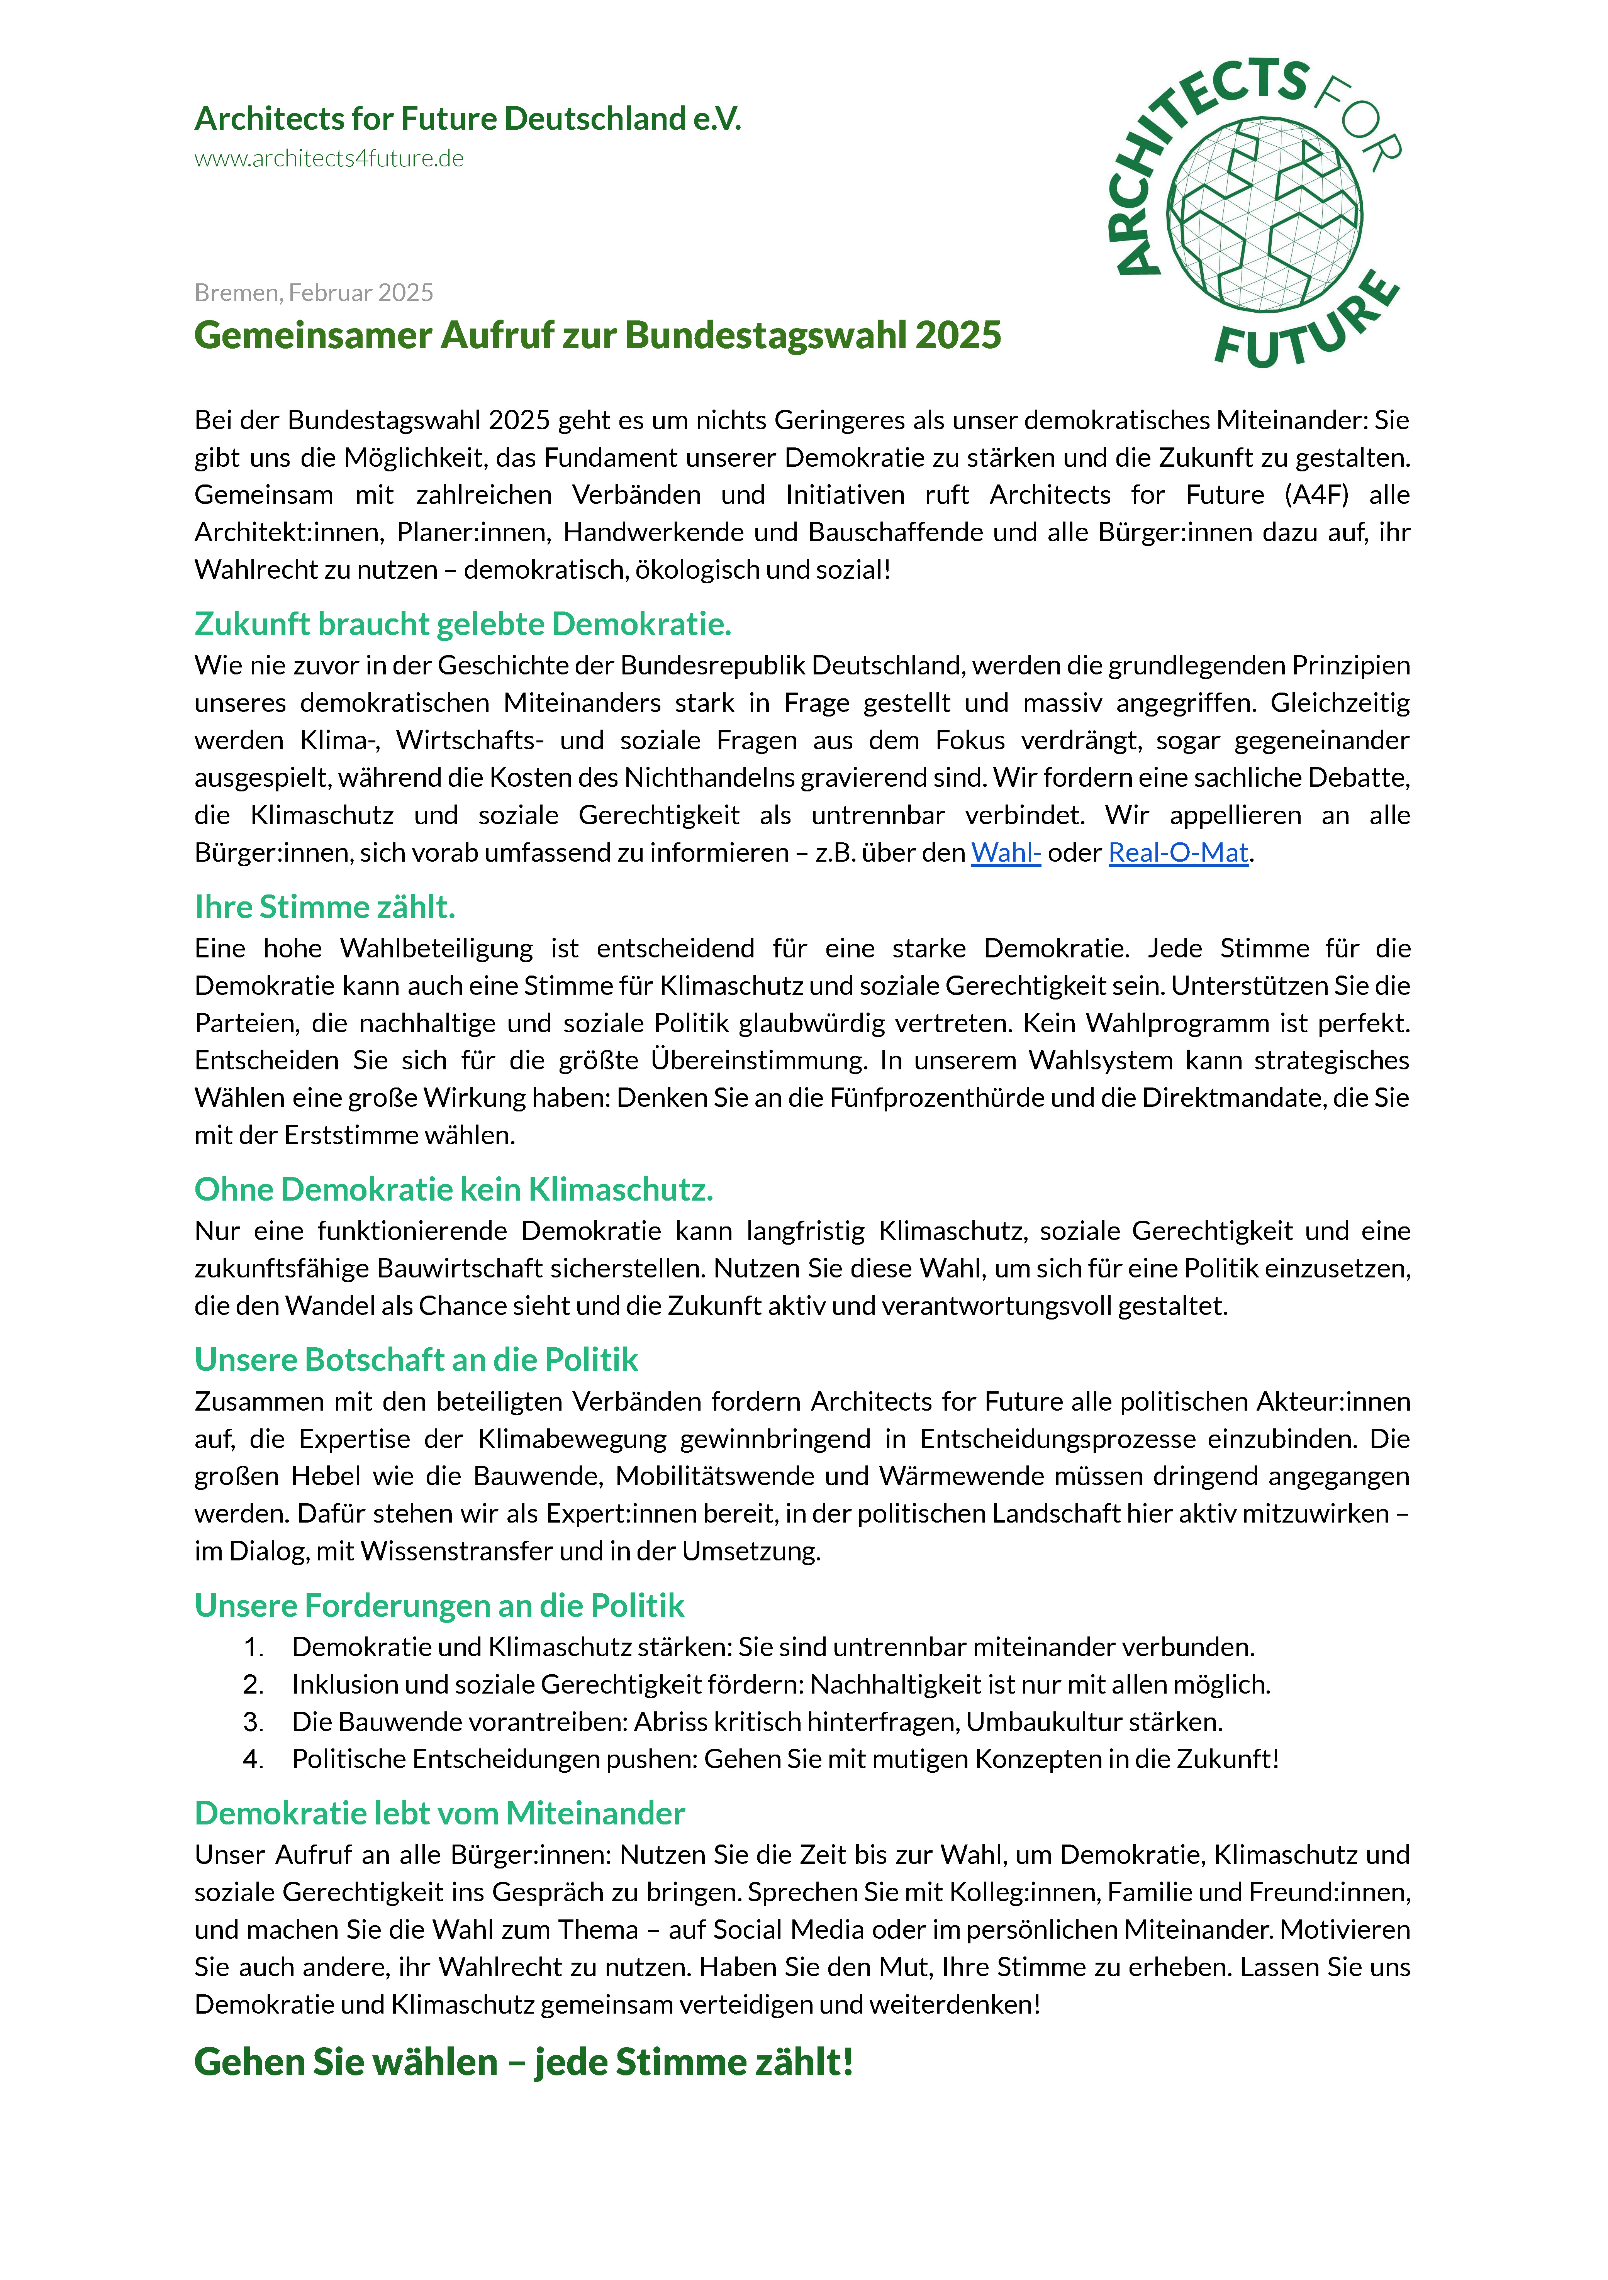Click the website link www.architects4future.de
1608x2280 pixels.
(329, 159)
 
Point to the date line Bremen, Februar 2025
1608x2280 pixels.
(314, 293)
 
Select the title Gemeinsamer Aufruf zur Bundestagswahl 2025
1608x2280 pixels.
(597, 335)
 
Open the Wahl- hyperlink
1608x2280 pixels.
(1005, 852)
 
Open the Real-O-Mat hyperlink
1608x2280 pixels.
(1178, 852)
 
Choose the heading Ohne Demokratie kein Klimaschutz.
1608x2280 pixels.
(454, 1190)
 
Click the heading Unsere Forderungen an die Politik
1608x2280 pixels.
(439, 1606)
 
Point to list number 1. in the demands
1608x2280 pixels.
(253, 1647)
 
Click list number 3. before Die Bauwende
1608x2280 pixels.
(253, 1722)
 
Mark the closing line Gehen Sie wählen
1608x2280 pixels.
(523, 2063)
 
